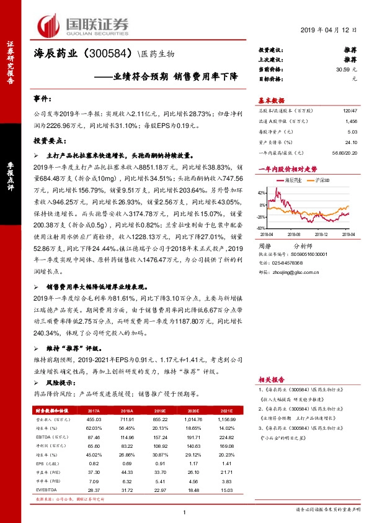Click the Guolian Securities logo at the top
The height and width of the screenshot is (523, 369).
[x=83, y=25]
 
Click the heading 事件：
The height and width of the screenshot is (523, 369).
[x=43, y=99]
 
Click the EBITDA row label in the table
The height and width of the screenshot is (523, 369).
[x=45, y=437]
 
